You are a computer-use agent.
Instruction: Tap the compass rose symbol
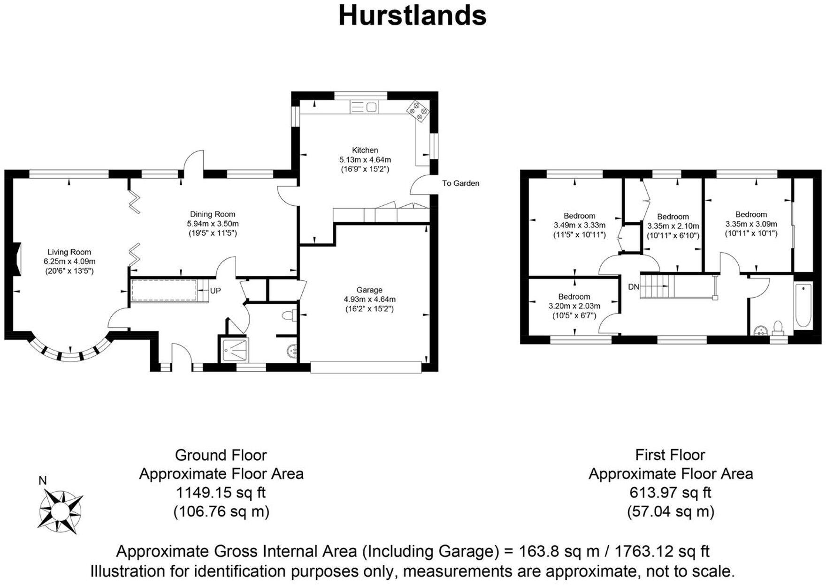coord(60,511)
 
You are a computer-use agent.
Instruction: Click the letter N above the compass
coord(43,480)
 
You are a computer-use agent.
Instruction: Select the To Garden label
coord(460,183)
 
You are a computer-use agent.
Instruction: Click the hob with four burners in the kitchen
coord(418,111)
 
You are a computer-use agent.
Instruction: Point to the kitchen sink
coord(364,107)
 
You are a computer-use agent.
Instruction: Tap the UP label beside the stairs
coord(215,291)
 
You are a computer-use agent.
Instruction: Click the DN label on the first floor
coord(633,286)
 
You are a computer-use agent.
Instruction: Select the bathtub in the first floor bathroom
coord(803,306)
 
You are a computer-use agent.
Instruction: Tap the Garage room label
coord(369,290)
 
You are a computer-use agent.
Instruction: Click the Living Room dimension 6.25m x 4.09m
coord(69,262)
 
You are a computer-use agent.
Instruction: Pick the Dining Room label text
coord(213,214)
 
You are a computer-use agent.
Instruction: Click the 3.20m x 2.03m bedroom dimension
coord(574,306)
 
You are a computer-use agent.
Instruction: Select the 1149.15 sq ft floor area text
coord(221,493)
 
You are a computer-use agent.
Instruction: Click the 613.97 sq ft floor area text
coord(670,493)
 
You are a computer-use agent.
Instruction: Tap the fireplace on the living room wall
coord(17,258)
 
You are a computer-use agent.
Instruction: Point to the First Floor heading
coord(670,455)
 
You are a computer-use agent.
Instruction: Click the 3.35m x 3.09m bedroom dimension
coord(751,224)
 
